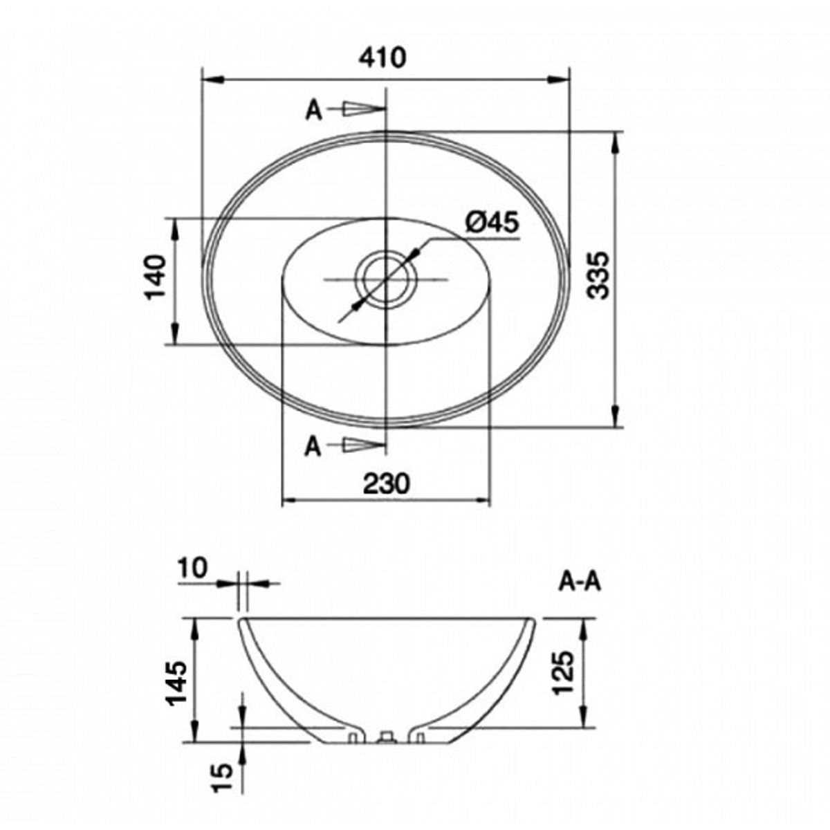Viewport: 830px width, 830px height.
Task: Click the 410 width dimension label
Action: coord(382,57)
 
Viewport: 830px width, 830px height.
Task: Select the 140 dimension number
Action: coord(155,277)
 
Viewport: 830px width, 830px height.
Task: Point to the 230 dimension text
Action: coord(385,483)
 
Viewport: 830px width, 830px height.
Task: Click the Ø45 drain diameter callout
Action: coord(492,223)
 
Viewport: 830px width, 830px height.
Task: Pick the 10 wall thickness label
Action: coord(194,568)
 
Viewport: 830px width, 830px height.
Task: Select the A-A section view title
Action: coord(580,582)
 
